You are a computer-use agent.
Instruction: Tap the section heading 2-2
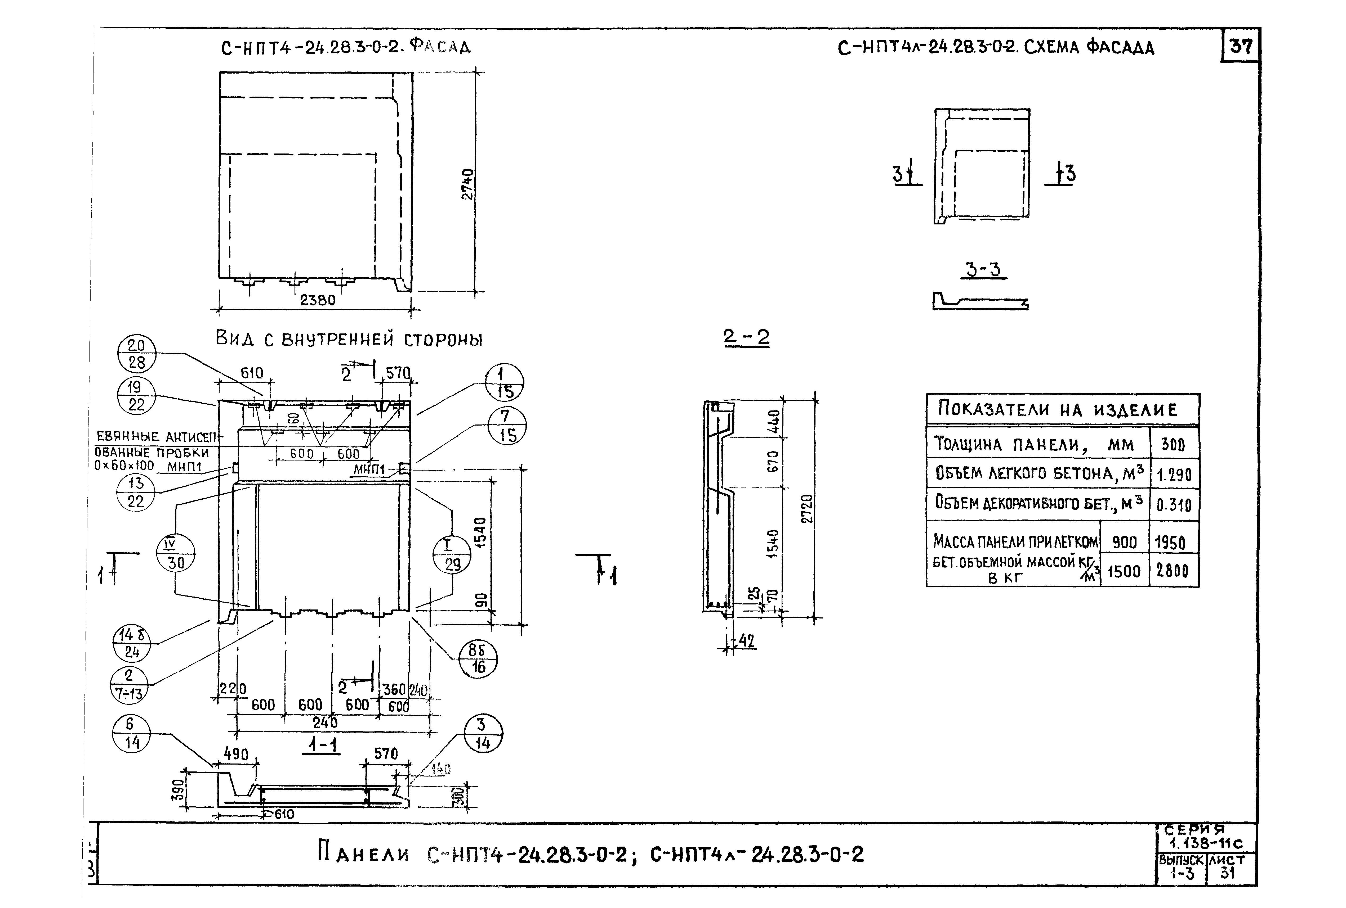coord(747,337)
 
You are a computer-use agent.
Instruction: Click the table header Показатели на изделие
coord(1058,410)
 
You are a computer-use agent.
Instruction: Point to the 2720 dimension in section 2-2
coord(807,509)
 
